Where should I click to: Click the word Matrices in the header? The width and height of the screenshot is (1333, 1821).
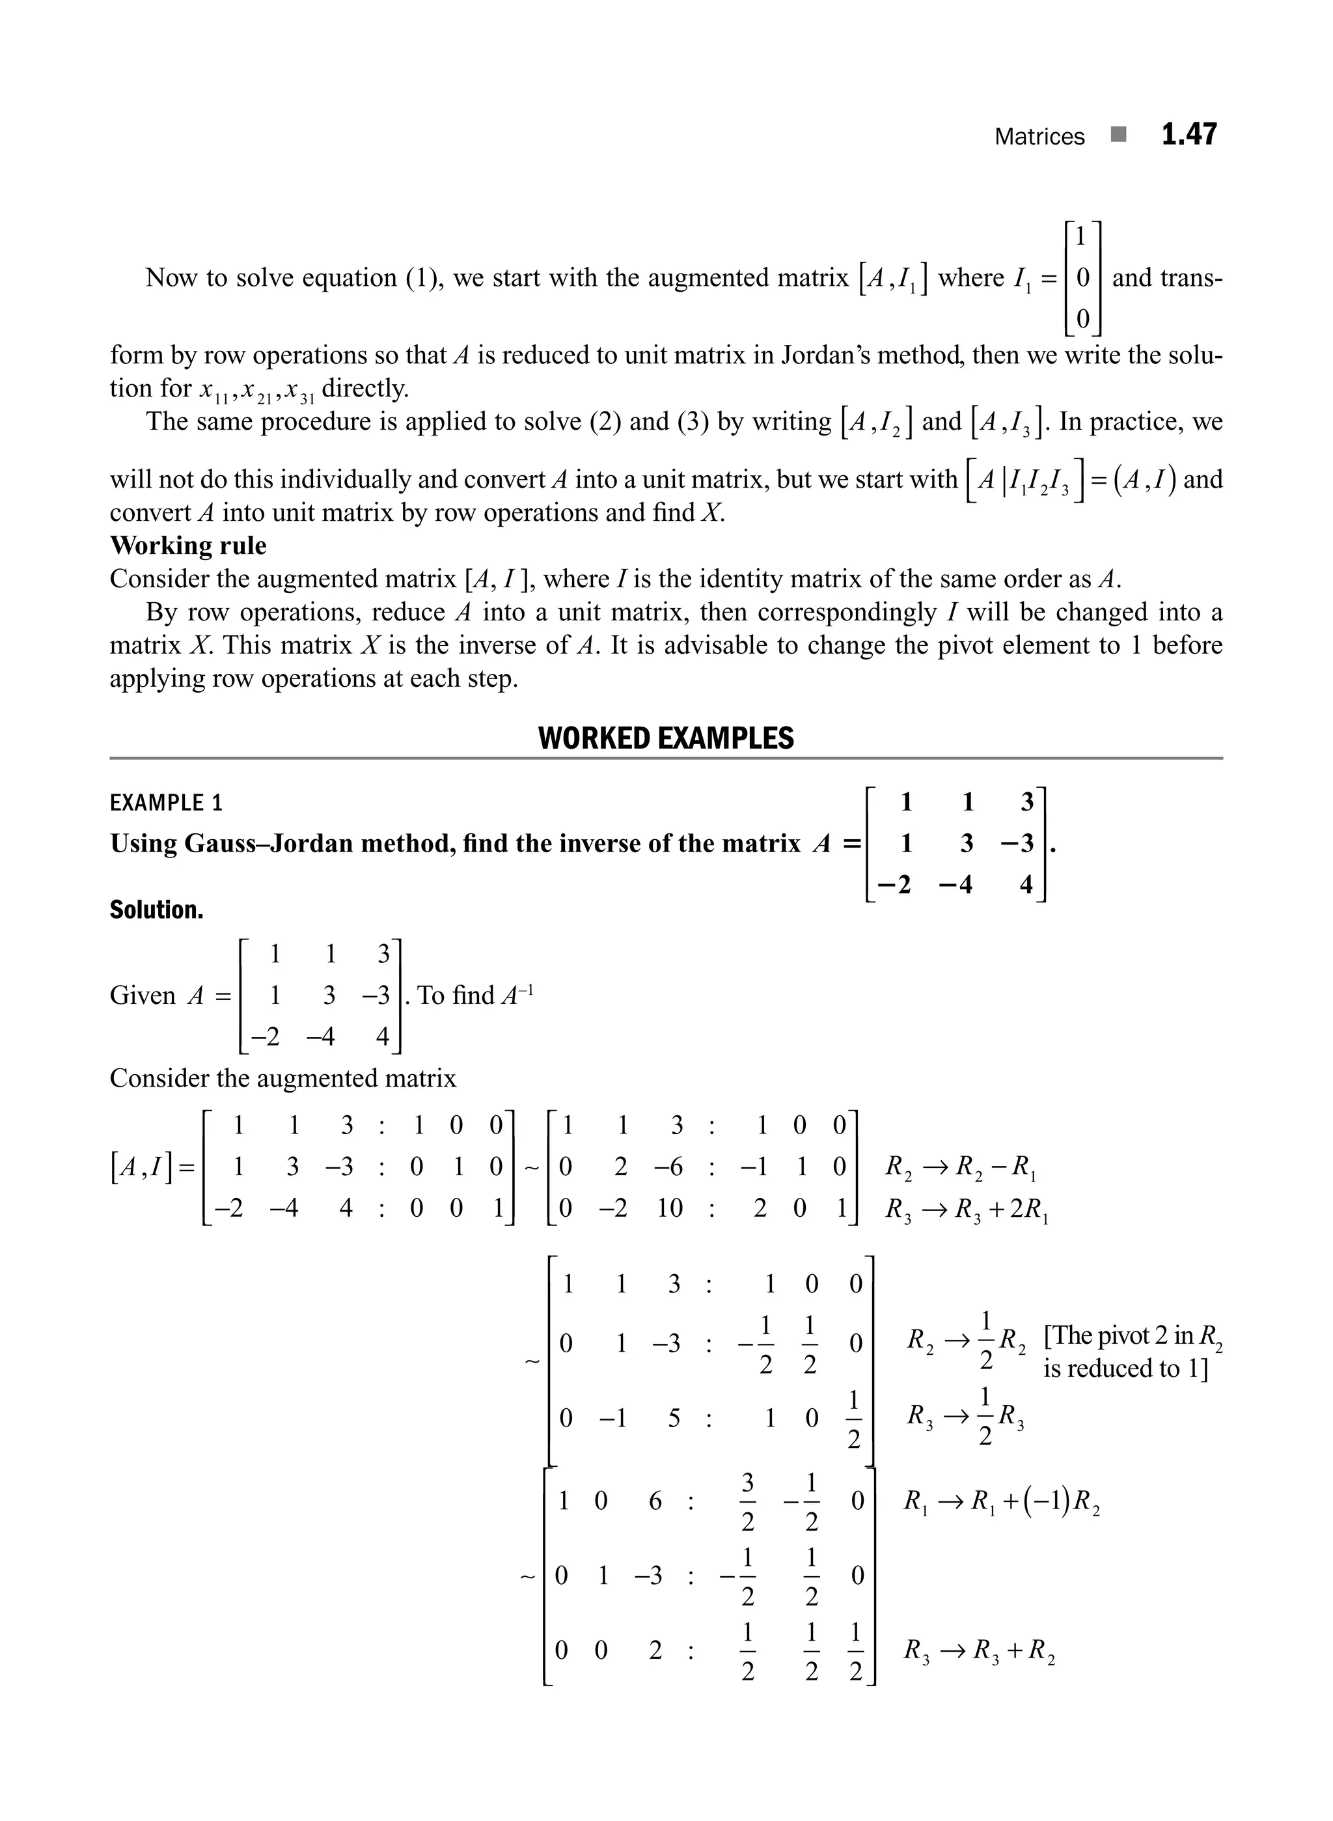[x=1039, y=137]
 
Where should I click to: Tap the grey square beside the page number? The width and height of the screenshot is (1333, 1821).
[x=1118, y=135]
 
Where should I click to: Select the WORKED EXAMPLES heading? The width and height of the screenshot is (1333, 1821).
[x=666, y=738]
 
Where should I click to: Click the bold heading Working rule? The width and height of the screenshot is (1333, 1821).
[x=188, y=546]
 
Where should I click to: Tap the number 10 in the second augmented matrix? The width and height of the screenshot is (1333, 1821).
[x=669, y=1208]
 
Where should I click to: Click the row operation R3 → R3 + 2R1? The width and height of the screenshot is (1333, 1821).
[x=966, y=1209]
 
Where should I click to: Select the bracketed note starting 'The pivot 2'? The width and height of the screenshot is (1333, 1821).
[x=1132, y=1351]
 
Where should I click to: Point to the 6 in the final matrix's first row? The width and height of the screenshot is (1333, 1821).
[x=655, y=1501]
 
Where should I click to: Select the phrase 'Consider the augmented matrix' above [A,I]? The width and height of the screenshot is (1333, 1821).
[x=282, y=1077]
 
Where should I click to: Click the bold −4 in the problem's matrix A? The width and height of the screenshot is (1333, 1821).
[x=955, y=885]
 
